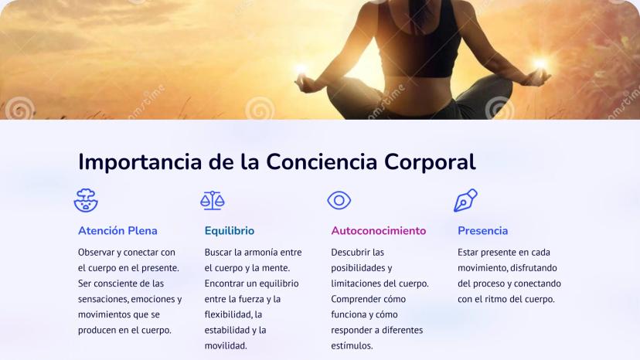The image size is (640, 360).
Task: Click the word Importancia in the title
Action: pyautogui.click(x=140, y=162)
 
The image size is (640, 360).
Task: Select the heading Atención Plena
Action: pyautogui.click(x=117, y=231)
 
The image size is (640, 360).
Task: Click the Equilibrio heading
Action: pyautogui.click(x=230, y=231)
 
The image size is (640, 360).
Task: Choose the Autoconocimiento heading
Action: pyautogui.click(x=379, y=231)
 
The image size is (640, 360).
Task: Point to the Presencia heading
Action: pyautogui.click(x=482, y=231)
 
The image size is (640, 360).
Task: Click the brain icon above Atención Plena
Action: pyautogui.click(x=86, y=200)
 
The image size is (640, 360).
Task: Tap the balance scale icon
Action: pyautogui.click(x=213, y=200)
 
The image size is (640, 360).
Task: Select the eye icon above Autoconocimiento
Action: pyautogui.click(x=339, y=200)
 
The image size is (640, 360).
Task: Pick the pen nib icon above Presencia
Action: pyautogui.click(x=466, y=200)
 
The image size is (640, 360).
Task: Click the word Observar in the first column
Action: pyautogui.click(x=97, y=253)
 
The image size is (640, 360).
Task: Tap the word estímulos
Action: pyautogui.click(x=352, y=346)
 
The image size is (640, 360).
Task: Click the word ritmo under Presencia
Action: pyautogui.click(x=496, y=299)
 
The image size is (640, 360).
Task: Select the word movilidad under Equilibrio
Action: pyautogui.click(x=226, y=346)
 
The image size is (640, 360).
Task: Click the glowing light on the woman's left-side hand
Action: pyautogui.click(x=301, y=69)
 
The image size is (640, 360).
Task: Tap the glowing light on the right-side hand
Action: pyautogui.click(x=540, y=63)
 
